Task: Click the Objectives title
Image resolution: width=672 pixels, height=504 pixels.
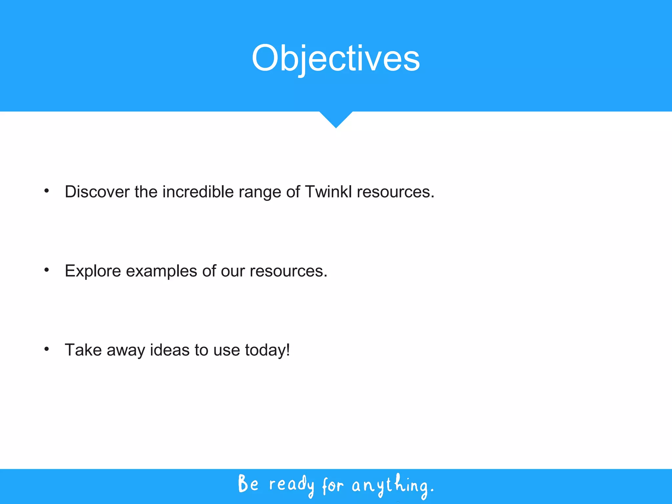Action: coord(336,58)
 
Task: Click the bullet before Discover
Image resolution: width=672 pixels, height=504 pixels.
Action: coord(47,191)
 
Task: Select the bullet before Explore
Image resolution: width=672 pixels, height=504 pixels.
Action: coord(47,270)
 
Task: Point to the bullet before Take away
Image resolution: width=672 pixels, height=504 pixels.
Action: coord(47,349)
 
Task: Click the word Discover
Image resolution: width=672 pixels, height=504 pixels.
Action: coord(97,192)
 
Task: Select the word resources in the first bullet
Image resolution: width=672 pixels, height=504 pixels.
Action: coord(395,192)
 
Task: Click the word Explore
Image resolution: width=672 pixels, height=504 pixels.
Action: coord(93,271)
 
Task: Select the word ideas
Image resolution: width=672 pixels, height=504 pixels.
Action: coord(170,350)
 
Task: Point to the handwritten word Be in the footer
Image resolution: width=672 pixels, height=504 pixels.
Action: coord(248,484)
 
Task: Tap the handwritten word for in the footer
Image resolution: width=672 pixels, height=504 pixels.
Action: coord(332,485)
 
